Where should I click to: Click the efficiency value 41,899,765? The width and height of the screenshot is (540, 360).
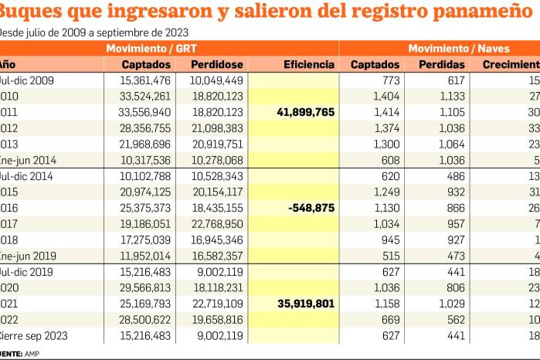point(305,112)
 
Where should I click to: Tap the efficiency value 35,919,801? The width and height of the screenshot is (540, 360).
point(305,304)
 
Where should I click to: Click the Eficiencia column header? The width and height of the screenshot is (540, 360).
point(309,65)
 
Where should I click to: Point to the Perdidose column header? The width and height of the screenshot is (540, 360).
point(218,65)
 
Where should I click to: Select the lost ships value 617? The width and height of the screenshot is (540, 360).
point(451,80)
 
